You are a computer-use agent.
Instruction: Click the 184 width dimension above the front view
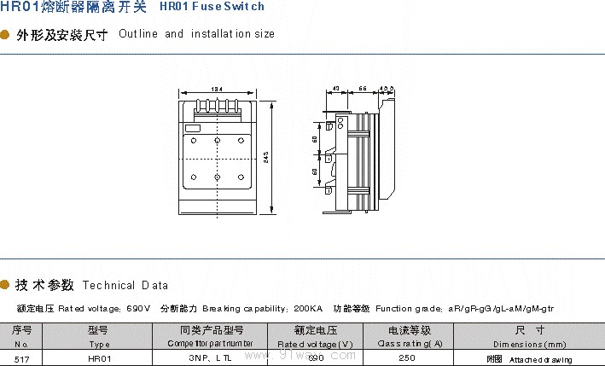point(217,89)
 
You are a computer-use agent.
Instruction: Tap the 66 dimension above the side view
point(363,89)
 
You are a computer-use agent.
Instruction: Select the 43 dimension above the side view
point(335,89)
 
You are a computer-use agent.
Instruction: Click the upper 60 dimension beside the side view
point(315,139)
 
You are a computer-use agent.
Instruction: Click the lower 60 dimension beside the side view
point(315,171)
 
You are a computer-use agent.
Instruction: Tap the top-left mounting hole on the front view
point(194,140)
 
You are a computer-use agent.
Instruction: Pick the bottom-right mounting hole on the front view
point(241,177)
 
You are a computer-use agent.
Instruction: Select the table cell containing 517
point(22,359)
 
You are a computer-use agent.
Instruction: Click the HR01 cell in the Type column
point(99,359)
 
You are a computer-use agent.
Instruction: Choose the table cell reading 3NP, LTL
point(212,359)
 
